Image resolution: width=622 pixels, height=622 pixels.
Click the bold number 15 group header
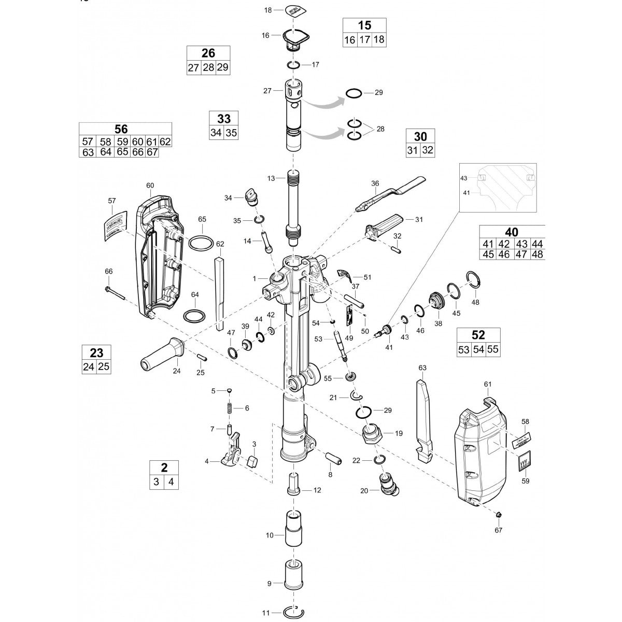pos(364,25)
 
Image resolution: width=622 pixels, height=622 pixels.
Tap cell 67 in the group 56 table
pos(152,152)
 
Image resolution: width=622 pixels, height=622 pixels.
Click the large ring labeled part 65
pos(202,242)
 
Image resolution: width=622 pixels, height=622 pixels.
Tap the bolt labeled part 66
pos(116,293)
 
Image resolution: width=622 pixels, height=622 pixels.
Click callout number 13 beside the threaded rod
pos(271,178)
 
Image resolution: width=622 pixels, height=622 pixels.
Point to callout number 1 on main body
pos(255,279)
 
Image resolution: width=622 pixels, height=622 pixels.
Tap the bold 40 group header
pos(511,232)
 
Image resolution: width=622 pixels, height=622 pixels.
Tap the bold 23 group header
pos(96,353)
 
